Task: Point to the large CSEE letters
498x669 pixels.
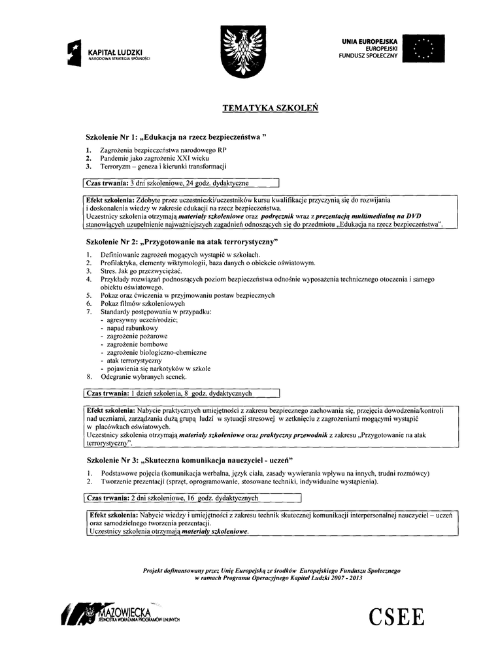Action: tap(396, 616)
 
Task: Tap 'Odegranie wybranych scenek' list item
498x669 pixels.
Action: tap(144, 377)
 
